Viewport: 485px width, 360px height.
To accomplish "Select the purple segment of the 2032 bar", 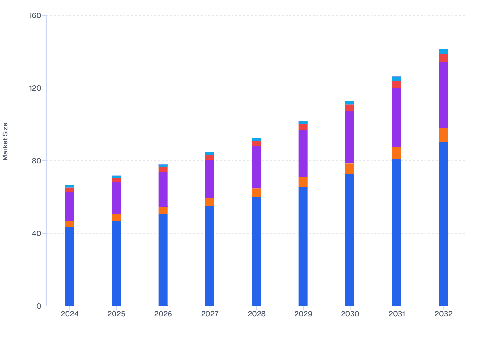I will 443,95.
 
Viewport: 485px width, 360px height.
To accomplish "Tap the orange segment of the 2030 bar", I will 350,169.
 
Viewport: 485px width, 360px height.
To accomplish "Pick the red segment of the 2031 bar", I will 397,84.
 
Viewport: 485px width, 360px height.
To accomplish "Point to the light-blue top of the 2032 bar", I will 443,52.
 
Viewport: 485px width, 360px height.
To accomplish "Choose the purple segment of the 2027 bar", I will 210,179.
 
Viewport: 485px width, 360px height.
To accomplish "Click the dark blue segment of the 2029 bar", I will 303,246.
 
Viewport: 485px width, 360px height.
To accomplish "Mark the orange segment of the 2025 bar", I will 116,218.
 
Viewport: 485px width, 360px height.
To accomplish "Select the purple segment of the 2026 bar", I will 163,189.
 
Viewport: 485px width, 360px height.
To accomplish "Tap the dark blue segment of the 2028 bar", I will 256,251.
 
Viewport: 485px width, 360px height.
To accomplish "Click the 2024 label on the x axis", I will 69,314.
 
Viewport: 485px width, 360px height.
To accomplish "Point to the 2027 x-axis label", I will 210,314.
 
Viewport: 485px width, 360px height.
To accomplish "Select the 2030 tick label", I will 350,314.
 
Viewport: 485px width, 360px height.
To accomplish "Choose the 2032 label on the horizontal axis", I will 443,314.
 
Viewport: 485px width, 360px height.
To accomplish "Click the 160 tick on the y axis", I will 35,15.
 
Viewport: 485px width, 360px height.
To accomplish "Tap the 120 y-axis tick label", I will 35,88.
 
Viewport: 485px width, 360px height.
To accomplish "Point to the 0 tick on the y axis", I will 39,306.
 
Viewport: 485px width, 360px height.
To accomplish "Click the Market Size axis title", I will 5,141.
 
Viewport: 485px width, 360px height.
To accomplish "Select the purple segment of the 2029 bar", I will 303,154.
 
